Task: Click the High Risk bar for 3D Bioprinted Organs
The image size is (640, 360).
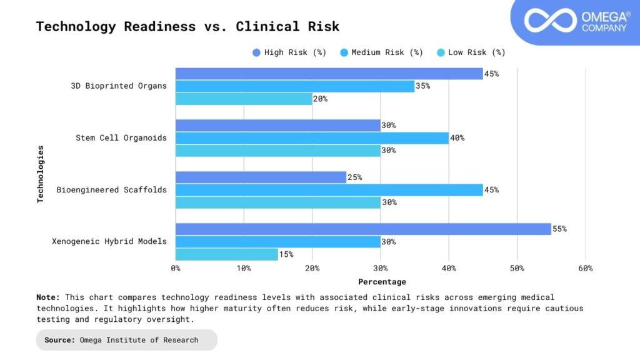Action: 329,74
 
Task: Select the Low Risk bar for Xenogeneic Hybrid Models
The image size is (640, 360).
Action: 226,254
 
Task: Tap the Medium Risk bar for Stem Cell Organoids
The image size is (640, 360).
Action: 312,138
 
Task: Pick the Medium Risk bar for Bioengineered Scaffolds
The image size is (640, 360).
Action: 329,190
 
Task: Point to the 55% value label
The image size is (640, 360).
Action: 559,229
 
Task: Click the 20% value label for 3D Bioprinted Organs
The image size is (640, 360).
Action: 320,99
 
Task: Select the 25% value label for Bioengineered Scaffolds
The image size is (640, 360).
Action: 354,177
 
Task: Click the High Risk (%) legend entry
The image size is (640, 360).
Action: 289,52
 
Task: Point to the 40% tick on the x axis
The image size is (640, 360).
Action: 449,268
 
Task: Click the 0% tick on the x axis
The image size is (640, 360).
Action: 176,268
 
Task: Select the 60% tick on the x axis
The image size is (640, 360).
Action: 585,268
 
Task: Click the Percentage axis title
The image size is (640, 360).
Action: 382,282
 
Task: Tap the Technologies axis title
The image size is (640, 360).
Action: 41,174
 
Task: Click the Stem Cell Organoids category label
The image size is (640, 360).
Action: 121,137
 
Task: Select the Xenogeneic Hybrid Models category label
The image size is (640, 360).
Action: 109,241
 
